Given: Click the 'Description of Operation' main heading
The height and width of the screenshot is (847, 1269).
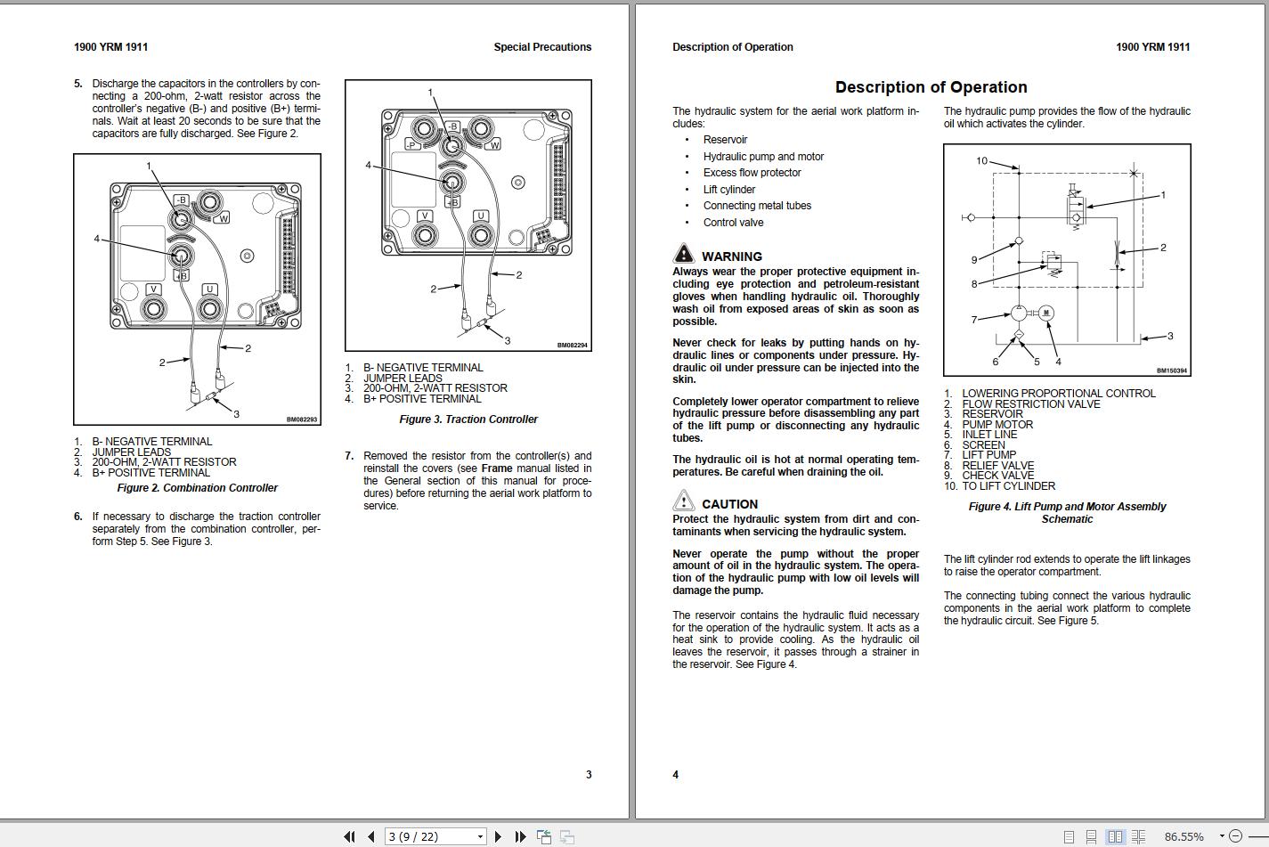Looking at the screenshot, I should (x=931, y=87).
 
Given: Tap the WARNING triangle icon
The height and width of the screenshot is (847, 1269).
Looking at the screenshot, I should (x=683, y=254).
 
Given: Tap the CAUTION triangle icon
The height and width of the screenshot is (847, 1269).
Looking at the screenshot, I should (x=683, y=501).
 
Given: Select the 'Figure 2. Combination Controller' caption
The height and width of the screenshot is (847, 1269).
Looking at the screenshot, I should (x=197, y=488).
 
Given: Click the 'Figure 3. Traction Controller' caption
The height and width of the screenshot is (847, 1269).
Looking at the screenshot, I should (x=468, y=419).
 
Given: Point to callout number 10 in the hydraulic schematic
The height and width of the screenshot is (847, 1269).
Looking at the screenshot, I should (x=981, y=161).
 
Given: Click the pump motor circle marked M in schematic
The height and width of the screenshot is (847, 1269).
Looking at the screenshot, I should (x=1046, y=313).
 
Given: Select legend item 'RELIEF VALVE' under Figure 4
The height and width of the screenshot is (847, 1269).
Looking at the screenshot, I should (x=997, y=466).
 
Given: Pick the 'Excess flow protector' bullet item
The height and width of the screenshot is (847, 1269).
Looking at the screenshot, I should (x=752, y=173).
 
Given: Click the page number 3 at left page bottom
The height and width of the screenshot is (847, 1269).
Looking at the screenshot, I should (x=588, y=775).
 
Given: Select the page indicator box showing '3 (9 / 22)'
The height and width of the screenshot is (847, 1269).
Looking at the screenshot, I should (x=435, y=836).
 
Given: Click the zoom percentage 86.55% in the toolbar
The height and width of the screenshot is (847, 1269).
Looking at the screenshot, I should (x=1184, y=836).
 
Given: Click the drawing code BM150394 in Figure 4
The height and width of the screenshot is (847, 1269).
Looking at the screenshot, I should (x=1171, y=371).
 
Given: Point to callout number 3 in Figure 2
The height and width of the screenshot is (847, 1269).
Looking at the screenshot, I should (x=236, y=413).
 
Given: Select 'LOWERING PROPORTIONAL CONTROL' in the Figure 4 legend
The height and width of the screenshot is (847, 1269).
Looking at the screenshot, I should (x=1058, y=394).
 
